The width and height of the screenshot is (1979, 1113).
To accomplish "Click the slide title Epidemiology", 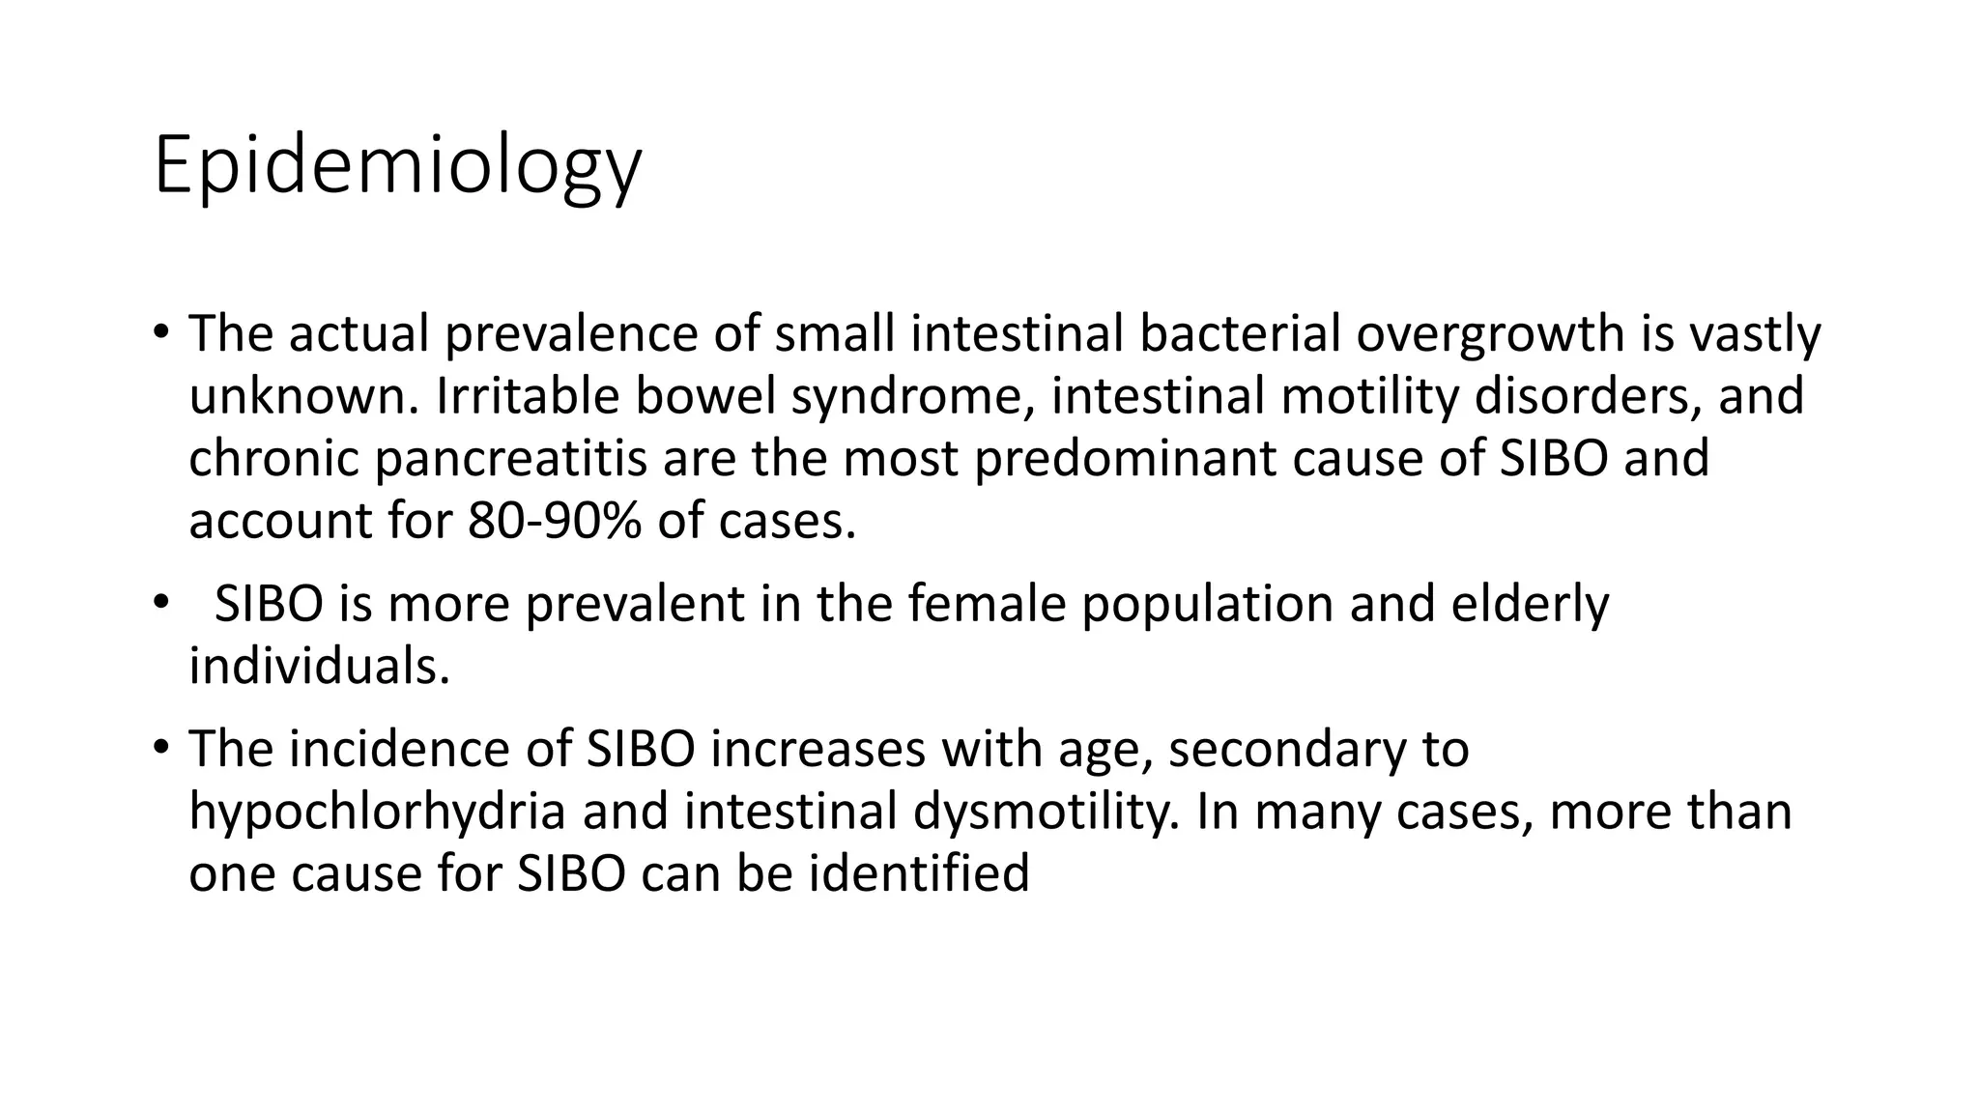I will (397, 166).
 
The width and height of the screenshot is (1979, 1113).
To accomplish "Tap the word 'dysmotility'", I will (1045, 811).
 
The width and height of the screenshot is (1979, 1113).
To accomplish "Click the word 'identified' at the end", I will (918, 873).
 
